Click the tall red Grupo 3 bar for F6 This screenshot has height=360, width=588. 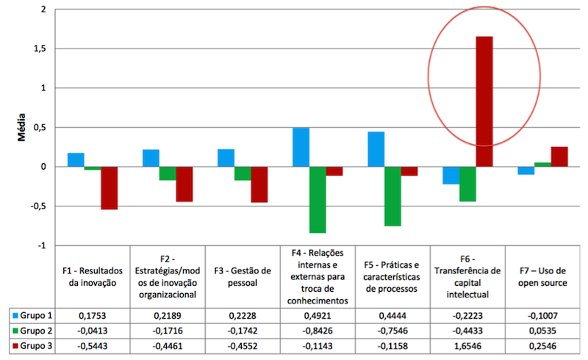click(x=484, y=101)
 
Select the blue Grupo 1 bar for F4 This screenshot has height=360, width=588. click(x=300, y=147)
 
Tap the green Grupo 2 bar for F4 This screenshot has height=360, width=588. click(x=318, y=199)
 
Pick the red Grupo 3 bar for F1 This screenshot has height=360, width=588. click(x=110, y=188)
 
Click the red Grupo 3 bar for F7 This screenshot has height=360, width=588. click(x=559, y=156)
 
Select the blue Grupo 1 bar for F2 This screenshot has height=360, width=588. click(x=151, y=158)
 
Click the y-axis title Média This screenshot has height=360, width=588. click(x=20, y=127)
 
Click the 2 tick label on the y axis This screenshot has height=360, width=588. click(x=43, y=10)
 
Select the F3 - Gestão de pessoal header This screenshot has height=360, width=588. click(x=243, y=276)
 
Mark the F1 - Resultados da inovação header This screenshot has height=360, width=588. click(x=92, y=276)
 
